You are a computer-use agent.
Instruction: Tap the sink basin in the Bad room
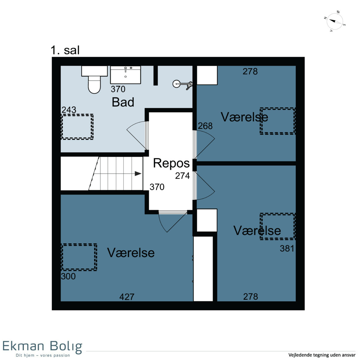125,75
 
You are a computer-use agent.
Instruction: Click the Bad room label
123,102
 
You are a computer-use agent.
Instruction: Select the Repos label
171,163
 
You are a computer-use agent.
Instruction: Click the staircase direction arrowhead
138,174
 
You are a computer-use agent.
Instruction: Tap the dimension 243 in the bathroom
69,110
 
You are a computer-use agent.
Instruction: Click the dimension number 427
127,297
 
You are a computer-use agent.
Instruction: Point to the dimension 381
287,248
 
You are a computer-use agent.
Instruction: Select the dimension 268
205,126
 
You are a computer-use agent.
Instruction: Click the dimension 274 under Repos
182,175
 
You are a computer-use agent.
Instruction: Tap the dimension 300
68,276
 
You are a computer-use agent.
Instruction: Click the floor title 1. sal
65,50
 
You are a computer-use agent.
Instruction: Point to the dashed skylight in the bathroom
77,127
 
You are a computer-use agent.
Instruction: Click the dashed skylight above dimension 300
79,257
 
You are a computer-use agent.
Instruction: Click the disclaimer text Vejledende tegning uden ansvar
322,355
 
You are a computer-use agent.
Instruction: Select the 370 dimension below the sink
118,89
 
